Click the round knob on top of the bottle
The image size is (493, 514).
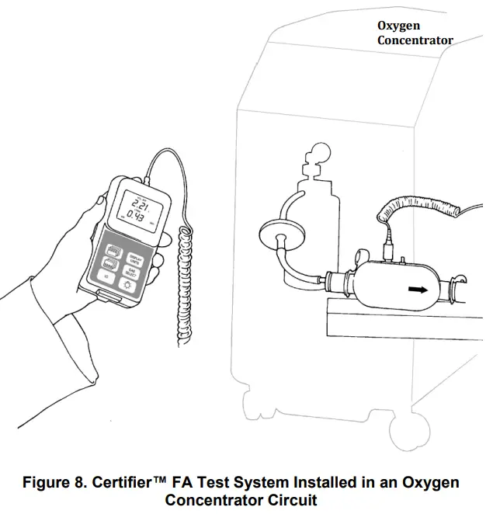pos(318,153)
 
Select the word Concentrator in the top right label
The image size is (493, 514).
pos(415,40)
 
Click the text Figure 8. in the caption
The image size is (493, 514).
pos(52,483)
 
